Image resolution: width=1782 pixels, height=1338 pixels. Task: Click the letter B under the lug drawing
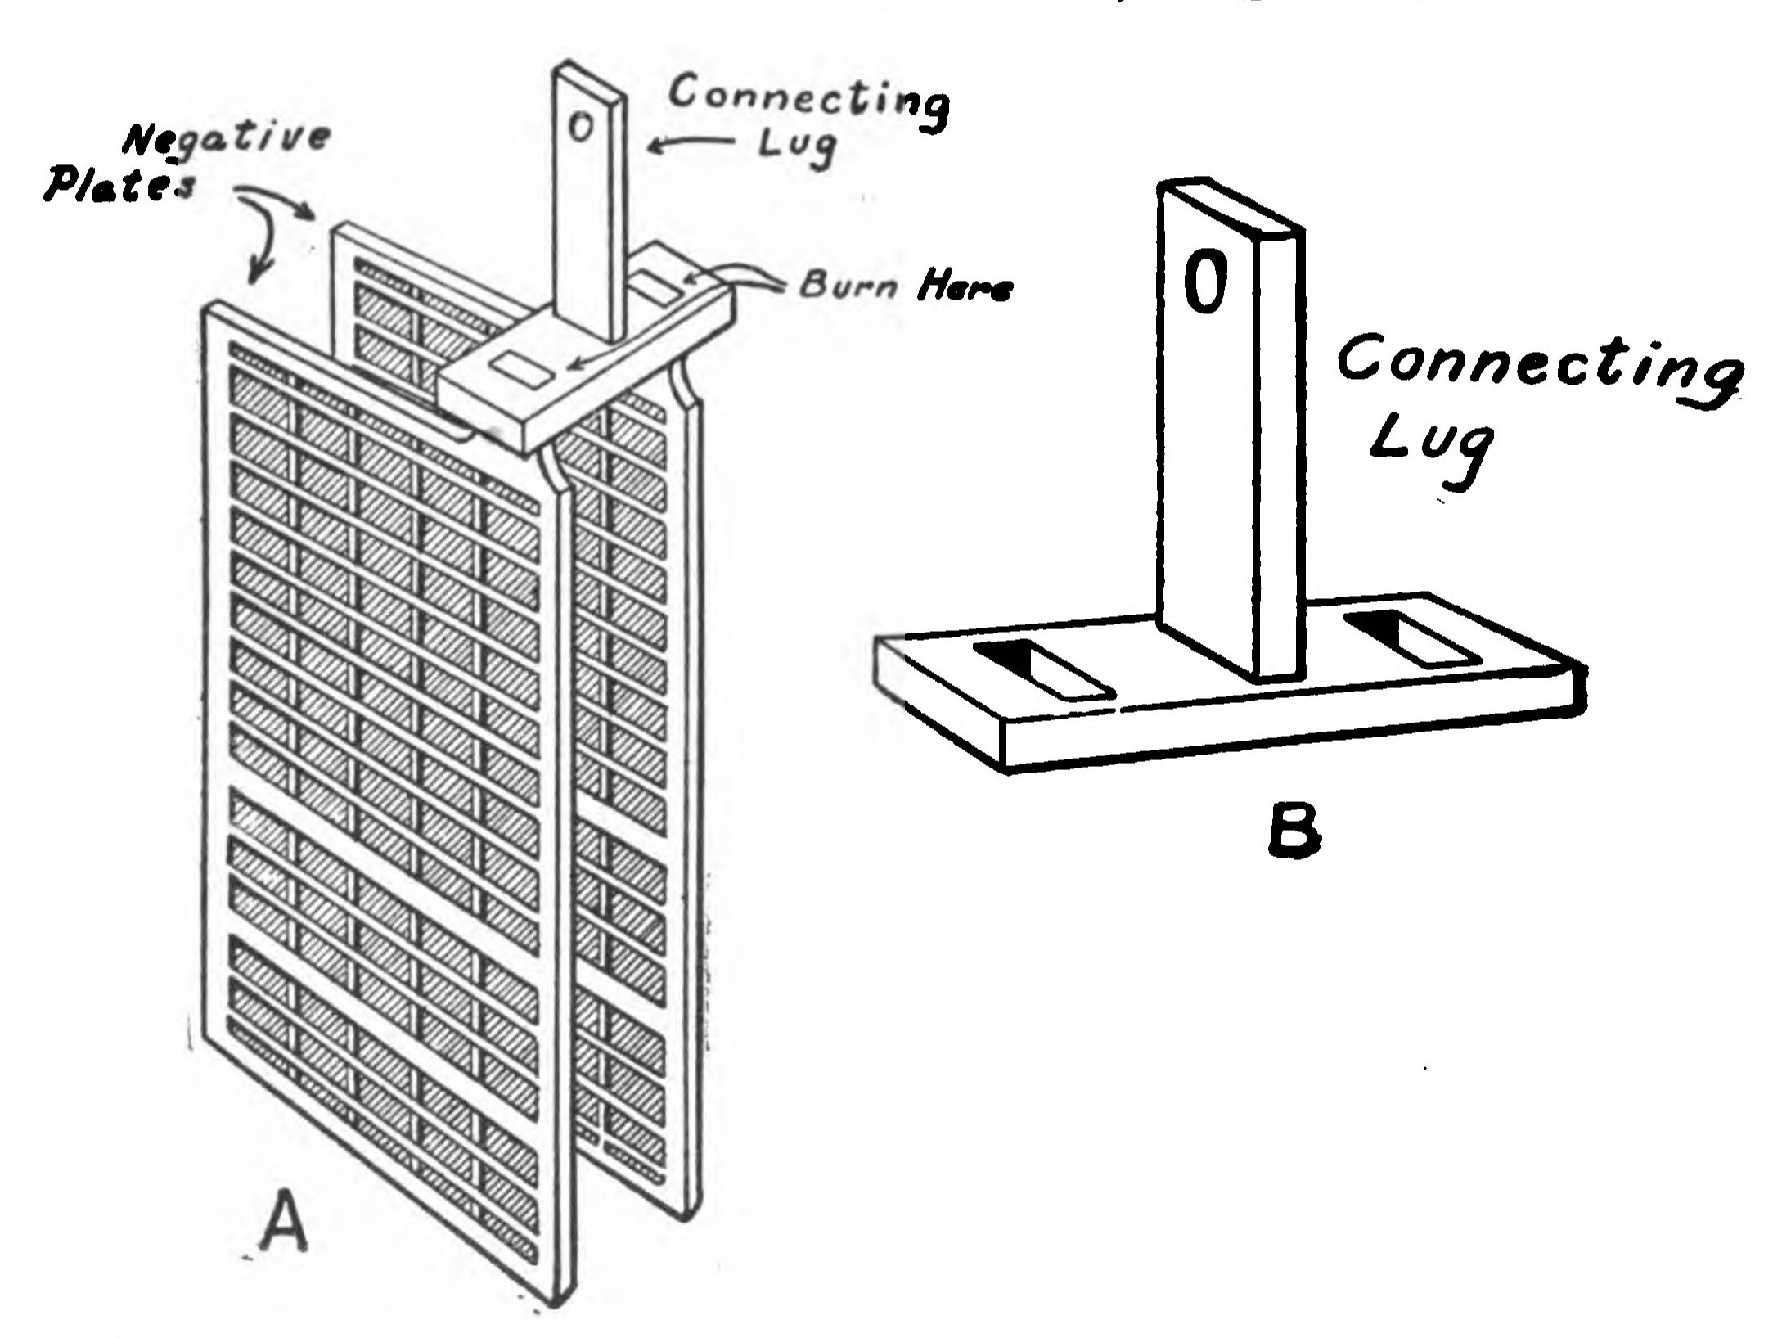click(x=1294, y=832)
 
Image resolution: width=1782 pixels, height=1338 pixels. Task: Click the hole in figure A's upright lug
click(x=579, y=128)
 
